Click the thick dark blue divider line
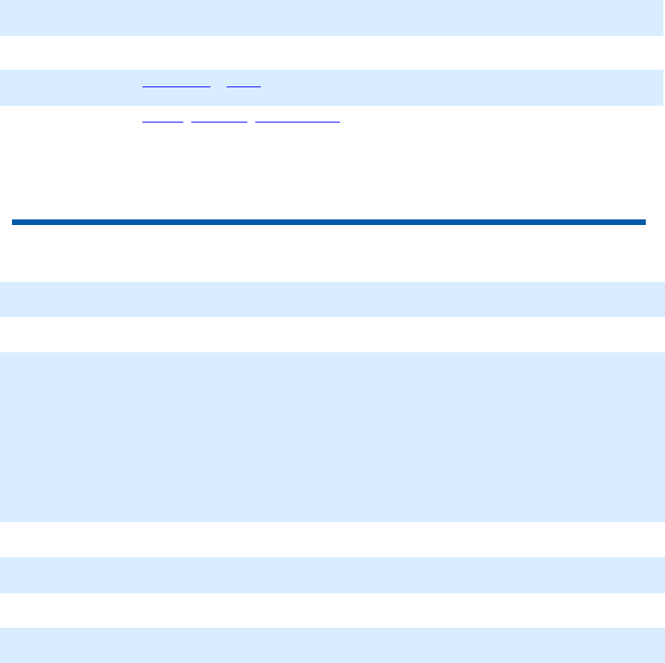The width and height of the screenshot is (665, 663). (328, 222)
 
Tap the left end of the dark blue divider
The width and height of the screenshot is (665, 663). (14, 222)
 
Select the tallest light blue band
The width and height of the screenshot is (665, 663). (332, 437)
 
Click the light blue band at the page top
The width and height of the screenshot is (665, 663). (332, 17)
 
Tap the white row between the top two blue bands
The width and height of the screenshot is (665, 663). (332, 52)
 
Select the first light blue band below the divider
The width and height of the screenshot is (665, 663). (332, 299)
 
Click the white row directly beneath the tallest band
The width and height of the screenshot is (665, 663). (332, 540)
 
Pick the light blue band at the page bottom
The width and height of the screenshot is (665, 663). (332, 645)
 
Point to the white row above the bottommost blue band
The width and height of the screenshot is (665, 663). (332, 610)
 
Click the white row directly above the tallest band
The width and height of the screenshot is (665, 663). (332, 335)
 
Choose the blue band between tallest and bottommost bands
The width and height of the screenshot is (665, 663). (332, 575)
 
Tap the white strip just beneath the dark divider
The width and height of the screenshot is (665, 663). (332, 252)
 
